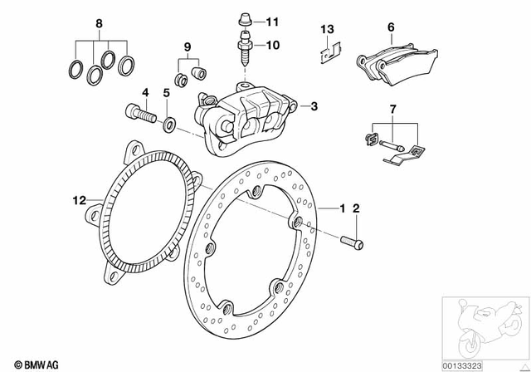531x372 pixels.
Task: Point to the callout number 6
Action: tap(389, 28)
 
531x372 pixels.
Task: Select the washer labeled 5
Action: tap(169, 125)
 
